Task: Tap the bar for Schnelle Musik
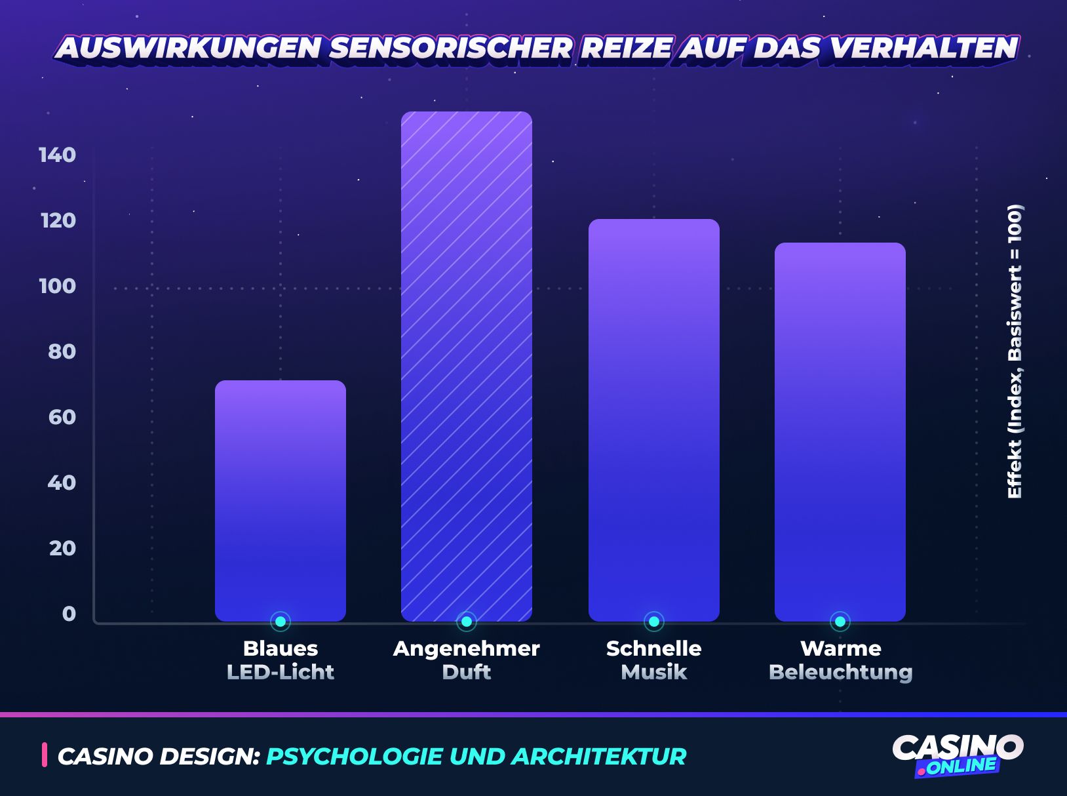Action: [x=653, y=420]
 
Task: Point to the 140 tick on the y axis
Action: [x=58, y=155]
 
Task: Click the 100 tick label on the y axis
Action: [x=58, y=286]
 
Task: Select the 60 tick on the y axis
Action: [x=62, y=417]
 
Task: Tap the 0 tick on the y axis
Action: [x=69, y=614]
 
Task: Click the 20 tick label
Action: [x=62, y=548]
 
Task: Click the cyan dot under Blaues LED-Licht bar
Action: [x=281, y=621]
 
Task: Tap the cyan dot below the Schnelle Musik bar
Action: [x=653, y=621]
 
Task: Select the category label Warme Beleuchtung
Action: [x=840, y=660]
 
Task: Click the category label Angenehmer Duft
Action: [x=466, y=660]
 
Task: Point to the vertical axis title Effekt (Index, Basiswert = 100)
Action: [x=1014, y=352]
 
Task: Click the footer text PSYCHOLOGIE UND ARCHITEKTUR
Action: [x=476, y=756]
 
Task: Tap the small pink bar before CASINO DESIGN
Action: [x=45, y=755]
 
